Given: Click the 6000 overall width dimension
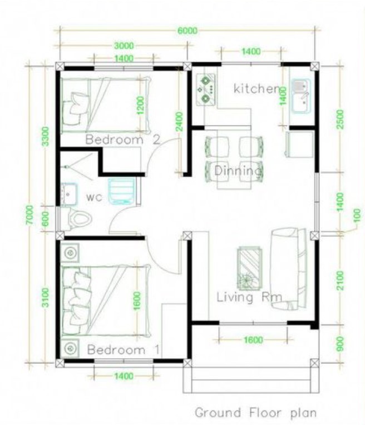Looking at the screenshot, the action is click(188, 31).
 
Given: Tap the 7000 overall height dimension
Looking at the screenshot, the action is click(29, 214).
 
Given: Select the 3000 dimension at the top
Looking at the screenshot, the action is click(124, 46).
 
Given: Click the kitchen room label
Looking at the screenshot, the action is click(257, 89).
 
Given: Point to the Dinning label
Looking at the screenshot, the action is click(238, 171).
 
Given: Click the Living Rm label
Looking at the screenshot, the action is click(249, 297).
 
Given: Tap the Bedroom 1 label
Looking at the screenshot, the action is click(124, 349).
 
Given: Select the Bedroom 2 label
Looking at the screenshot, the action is click(122, 139).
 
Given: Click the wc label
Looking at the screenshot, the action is click(94, 197).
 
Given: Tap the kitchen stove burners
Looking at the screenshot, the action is click(205, 89).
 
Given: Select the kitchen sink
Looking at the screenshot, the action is click(301, 96).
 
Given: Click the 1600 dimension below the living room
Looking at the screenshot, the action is click(253, 339).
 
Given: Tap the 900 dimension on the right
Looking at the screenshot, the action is click(340, 344).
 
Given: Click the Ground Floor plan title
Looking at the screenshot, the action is click(255, 413).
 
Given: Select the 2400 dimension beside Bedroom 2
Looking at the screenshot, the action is click(179, 122).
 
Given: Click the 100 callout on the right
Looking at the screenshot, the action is click(358, 216).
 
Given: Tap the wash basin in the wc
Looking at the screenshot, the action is click(69, 194).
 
